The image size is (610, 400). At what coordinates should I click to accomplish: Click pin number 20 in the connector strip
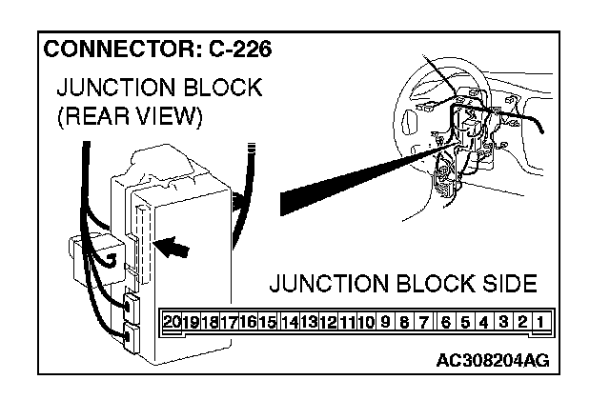click(x=172, y=322)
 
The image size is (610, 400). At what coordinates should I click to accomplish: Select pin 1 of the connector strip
click(x=539, y=322)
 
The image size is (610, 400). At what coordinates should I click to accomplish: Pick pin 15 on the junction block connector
click(x=268, y=322)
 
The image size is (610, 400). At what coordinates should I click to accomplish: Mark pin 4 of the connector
click(x=484, y=322)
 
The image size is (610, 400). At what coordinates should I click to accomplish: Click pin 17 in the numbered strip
click(x=229, y=322)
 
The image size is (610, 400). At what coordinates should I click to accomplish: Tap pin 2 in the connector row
click(x=521, y=322)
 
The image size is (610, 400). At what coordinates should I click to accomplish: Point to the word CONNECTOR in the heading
click(x=112, y=49)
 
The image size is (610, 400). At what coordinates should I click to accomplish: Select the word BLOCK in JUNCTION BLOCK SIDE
click(x=429, y=284)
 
